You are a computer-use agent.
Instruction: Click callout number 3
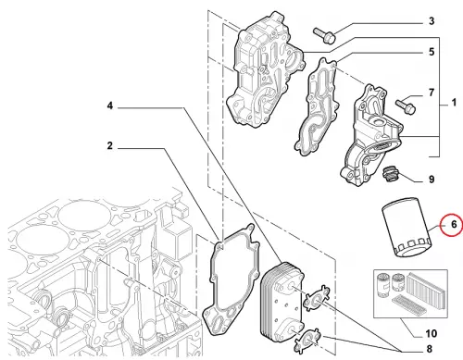click(432, 21)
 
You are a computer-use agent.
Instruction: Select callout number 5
click(432, 52)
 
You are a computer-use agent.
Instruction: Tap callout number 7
click(432, 93)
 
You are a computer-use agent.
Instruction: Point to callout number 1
click(454, 103)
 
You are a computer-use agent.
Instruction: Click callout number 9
click(432, 180)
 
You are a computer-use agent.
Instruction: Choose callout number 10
click(432, 333)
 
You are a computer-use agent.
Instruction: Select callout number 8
click(430, 349)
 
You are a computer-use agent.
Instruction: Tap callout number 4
click(110, 106)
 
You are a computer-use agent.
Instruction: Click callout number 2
click(110, 145)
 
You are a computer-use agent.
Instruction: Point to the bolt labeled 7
click(406, 106)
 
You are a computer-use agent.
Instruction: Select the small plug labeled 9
click(390, 174)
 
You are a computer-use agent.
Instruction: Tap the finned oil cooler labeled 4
click(282, 304)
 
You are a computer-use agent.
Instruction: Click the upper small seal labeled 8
click(317, 297)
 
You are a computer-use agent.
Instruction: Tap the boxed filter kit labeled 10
click(410, 293)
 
